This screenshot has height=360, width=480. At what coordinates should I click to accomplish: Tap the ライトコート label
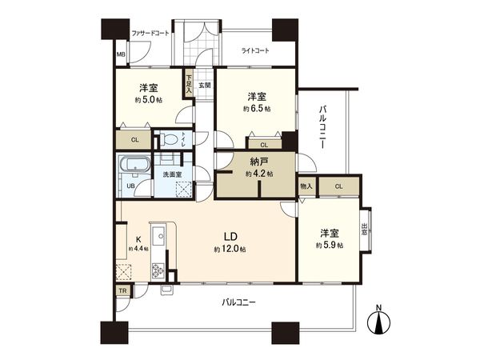(x=257, y=51)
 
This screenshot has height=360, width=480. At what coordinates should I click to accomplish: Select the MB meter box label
(x=121, y=55)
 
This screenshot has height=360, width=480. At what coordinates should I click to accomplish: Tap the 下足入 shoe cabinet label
(x=189, y=83)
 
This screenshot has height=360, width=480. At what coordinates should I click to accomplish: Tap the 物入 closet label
(x=306, y=186)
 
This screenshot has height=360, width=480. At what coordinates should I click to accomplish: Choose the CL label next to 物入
(x=339, y=186)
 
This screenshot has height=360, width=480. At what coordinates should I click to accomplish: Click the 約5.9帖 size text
(x=330, y=246)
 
